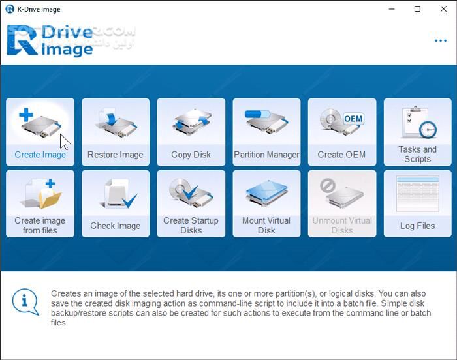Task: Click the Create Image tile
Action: click(x=40, y=132)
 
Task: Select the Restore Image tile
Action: click(x=116, y=132)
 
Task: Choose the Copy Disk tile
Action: click(x=191, y=132)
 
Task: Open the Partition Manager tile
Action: click(x=266, y=132)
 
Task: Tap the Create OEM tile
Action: click(x=341, y=132)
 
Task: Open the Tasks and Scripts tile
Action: click(x=417, y=132)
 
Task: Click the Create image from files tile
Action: click(x=40, y=203)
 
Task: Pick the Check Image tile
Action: click(x=116, y=203)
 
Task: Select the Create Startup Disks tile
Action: click(x=191, y=203)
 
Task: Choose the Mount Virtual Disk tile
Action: click(x=266, y=203)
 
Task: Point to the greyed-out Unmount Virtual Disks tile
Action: click(x=341, y=203)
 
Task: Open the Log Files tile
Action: click(x=417, y=203)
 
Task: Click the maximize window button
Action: click(x=417, y=9)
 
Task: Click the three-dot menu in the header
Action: click(x=441, y=41)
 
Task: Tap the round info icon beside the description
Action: click(x=25, y=301)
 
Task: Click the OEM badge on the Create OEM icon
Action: click(x=353, y=119)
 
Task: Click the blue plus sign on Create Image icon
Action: click(x=25, y=115)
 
